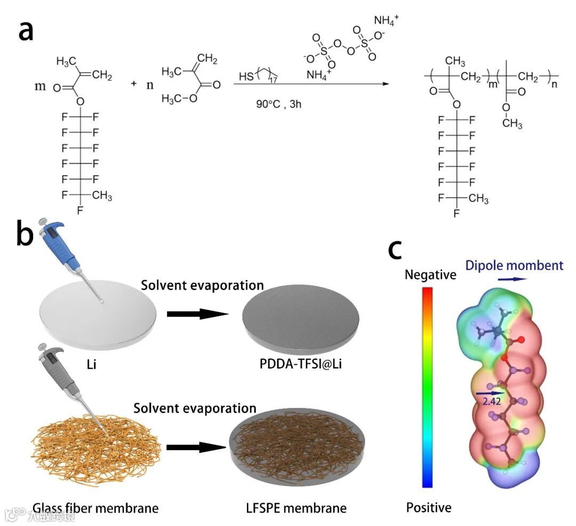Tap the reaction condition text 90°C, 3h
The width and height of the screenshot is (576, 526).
tap(279, 103)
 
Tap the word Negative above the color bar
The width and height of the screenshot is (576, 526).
tap(430, 275)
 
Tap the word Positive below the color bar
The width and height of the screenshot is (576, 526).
tap(428, 507)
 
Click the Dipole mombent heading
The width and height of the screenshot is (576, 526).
tap(514, 265)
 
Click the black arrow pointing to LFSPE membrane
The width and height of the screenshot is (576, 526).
tap(197, 447)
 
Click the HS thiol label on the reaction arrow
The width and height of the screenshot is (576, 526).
tap(246, 77)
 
